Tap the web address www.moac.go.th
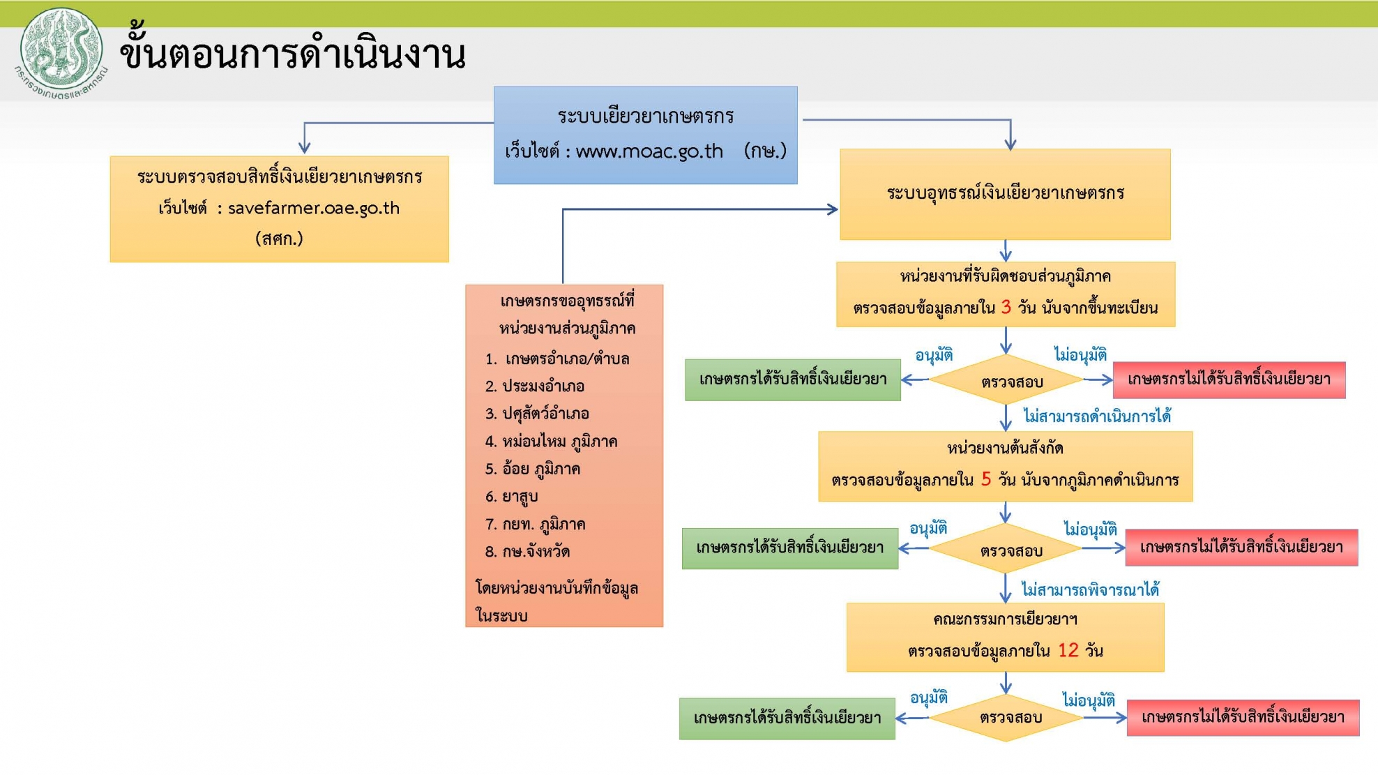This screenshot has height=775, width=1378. tap(649, 151)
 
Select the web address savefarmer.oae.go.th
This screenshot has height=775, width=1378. tap(314, 208)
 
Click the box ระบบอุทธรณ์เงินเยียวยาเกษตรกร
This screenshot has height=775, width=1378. tap(1005, 194)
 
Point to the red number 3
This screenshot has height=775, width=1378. tap(1006, 307)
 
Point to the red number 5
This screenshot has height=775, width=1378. tap(986, 479)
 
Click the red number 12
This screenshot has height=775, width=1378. tap(1068, 650)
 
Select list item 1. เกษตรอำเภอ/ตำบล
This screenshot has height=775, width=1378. tap(557, 359)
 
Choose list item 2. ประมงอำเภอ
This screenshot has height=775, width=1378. tap(535, 386)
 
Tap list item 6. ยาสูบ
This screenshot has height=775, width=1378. tap(511, 496)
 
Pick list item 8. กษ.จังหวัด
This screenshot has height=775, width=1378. tap(527, 551)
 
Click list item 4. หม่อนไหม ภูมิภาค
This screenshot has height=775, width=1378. tap(551, 441)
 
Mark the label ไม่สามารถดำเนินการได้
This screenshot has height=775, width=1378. tap(1097, 416)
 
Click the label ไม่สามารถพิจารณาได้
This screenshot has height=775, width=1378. tap(1091, 589)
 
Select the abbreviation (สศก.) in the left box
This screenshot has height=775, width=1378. tap(279, 239)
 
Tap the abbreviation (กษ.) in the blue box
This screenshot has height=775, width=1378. tap(765, 151)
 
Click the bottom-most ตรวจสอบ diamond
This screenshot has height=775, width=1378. tap(1006, 717)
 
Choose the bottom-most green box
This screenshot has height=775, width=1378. tap(787, 718)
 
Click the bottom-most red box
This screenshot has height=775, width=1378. tap(1243, 717)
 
